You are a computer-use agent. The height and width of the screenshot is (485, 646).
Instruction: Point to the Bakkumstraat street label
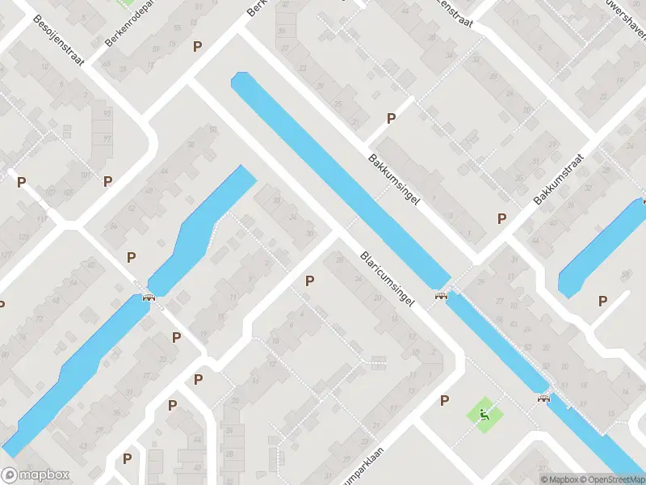(x=558, y=179)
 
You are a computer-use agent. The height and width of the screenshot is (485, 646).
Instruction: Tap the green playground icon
(x=484, y=415)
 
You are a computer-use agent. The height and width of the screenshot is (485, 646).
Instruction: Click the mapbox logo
(x=36, y=475)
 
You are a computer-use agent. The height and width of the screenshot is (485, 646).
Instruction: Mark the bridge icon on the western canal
(x=149, y=297)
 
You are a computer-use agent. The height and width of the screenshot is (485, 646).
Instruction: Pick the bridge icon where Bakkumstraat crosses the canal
(x=441, y=297)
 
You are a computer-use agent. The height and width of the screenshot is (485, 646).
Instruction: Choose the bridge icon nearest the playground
(x=543, y=398)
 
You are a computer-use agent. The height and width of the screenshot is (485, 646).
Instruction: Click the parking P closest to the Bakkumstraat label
(x=501, y=218)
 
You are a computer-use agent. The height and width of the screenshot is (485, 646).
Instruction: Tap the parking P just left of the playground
(x=444, y=400)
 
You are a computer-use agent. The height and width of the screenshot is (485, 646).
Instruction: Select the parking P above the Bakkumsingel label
(x=391, y=118)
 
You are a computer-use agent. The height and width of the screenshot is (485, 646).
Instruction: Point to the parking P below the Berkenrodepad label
(x=197, y=47)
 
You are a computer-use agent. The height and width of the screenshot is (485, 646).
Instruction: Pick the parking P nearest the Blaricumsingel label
(x=308, y=280)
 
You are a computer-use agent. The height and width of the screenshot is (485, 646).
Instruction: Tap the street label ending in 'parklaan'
(x=372, y=466)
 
